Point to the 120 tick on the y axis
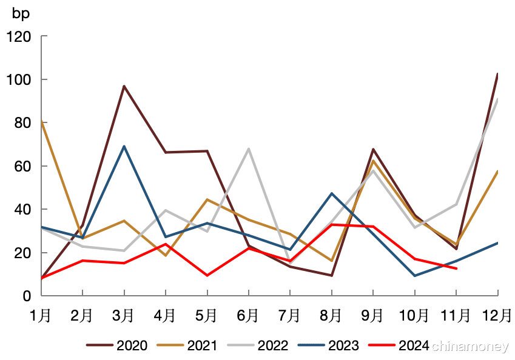pyautogui.click(x=18, y=36)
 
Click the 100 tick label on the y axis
pyautogui.click(x=18, y=79)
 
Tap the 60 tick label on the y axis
pyautogui.click(x=22, y=166)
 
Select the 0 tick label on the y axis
pyautogui.click(x=26, y=296)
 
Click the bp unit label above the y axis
pyautogui.click(x=21, y=13)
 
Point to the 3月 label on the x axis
pyautogui.click(x=124, y=315)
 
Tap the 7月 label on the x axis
pyautogui.click(x=289, y=315)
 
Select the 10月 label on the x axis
pyautogui.click(x=414, y=315)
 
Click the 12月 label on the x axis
pyautogui.click(x=497, y=315)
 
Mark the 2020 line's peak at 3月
pyautogui.click(x=124, y=86)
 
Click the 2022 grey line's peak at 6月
pyautogui.click(x=249, y=149)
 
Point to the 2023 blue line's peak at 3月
pyautogui.click(x=124, y=146)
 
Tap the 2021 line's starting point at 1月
pyautogui.click(x=41, y=121)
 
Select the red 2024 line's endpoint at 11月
pyautogui.click(x=456, y=268)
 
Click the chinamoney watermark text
pyautogui.click(x=470, y=346)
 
